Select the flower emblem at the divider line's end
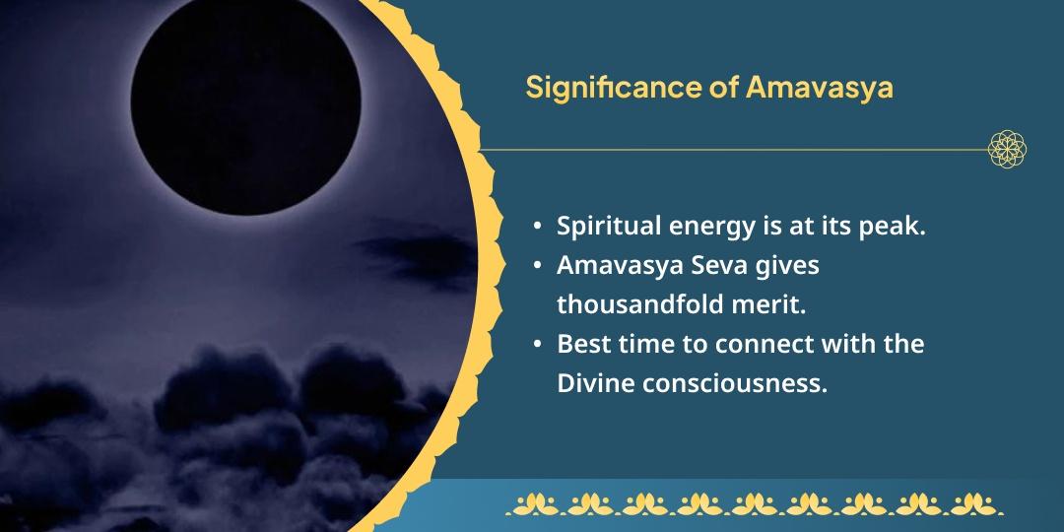click(1008, 149)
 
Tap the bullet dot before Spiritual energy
click(537, 227)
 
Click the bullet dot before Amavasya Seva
click(537, 266)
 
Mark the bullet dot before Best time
click(537, 345)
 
